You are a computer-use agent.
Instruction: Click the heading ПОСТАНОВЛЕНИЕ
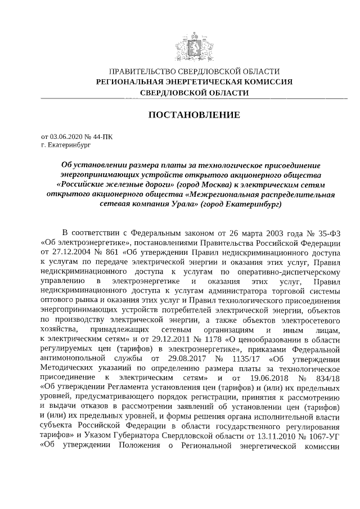(194, 115)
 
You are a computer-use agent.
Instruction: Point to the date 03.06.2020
(66, 136)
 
